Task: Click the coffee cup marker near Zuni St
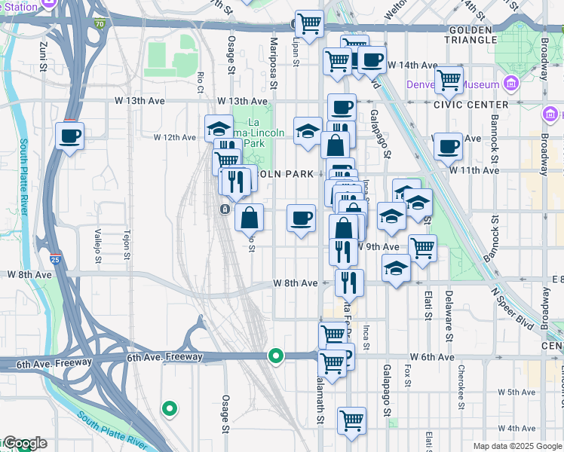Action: (70, 136)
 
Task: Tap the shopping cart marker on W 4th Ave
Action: (351, 421)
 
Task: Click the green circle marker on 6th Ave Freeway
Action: (277, 356)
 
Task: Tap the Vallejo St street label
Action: (98, 246)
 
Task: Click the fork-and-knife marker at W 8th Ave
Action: (349, 283)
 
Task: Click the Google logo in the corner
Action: (25, 443)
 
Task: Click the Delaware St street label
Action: (448, 313)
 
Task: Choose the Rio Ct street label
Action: (201, 80)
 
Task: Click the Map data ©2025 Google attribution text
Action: (516, 446)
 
